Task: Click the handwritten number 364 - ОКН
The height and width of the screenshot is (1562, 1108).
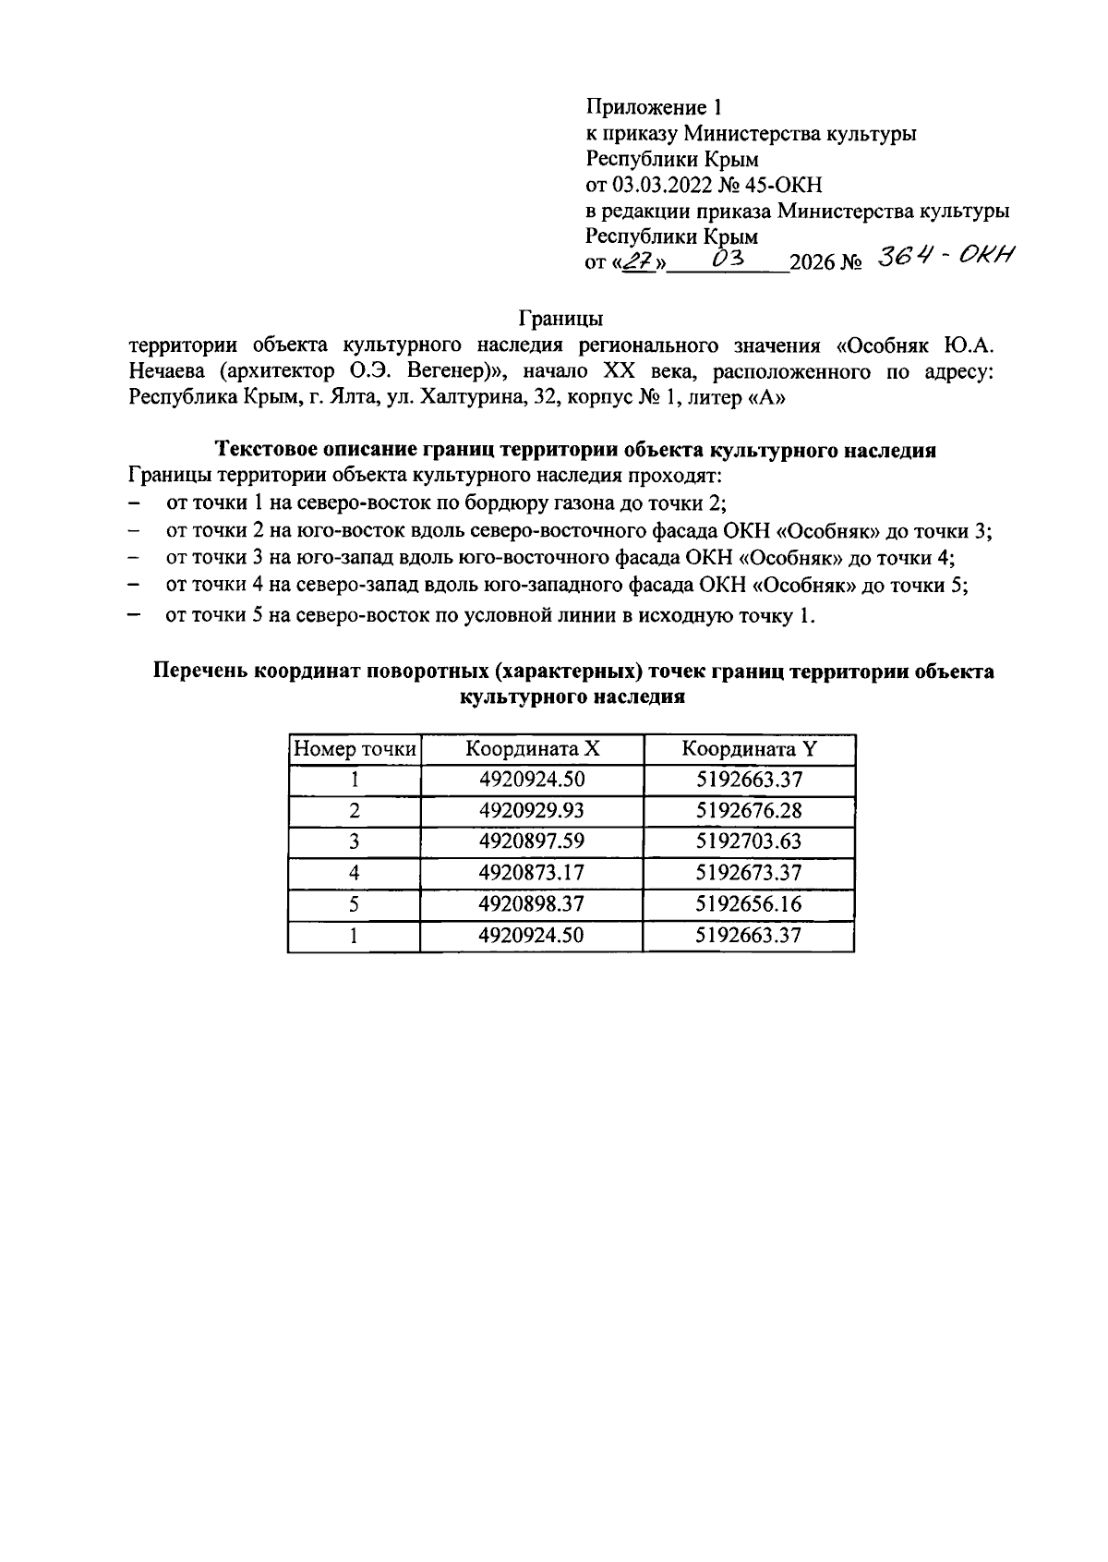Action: [945, 258]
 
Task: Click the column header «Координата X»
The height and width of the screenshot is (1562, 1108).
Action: [532, 749]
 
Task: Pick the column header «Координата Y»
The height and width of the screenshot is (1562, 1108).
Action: [749, 749]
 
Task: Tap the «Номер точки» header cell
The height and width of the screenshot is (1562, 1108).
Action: [355, 749]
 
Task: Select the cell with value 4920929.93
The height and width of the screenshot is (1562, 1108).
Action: [532, 811]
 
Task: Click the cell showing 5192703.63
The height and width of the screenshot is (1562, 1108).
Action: [749, 842]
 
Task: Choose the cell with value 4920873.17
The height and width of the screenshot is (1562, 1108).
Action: [532, 873]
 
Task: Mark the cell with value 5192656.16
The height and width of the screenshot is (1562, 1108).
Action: [749, 903]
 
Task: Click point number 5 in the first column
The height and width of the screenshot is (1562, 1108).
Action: [355, 903]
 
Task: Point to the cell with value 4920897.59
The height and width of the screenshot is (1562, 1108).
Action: [532, 842]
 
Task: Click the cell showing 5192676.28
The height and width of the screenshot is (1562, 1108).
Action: [749, 811]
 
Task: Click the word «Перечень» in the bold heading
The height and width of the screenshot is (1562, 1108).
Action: [198, 672]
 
